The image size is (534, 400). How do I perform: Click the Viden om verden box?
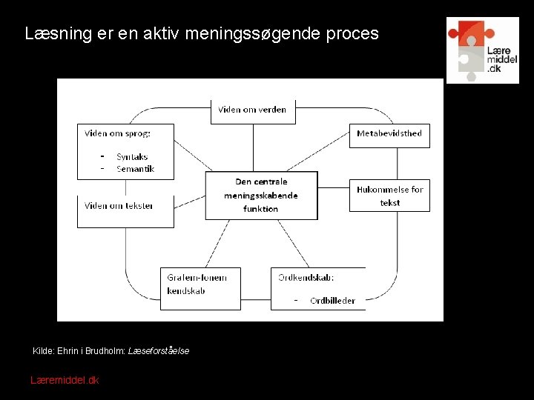pos(253,110)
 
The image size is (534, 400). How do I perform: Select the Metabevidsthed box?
pos(389,133)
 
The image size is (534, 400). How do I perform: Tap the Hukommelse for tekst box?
pos(389,196)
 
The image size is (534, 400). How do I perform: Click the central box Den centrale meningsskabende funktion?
pos(261,195)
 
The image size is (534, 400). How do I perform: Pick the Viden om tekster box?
pos(125,210)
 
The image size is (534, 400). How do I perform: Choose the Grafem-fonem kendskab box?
pos(200,288)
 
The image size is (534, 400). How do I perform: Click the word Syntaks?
pos(132,157)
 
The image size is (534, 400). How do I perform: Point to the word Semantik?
pos(135,169)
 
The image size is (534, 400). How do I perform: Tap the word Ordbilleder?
pos(332,301)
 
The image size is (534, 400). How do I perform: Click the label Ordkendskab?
pos(306,277)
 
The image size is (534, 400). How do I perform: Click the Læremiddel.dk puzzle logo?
pos(482,50)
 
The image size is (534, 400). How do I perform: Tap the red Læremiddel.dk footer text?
pos(65,380)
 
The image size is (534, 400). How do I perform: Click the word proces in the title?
pos(355,34)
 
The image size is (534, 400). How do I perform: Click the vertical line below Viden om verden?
pos(253,147)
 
